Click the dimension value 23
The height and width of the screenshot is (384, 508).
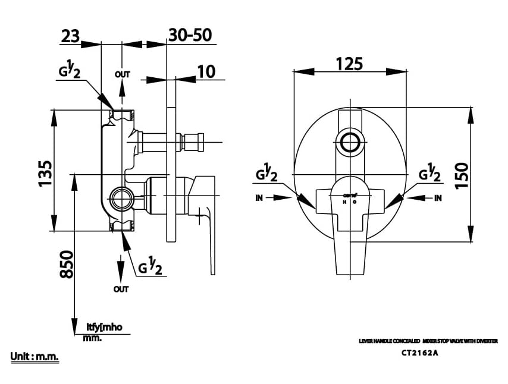pos(70,36)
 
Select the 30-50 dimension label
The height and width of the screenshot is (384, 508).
pos(190,35)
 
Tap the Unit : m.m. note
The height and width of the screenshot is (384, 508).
pos(35,357)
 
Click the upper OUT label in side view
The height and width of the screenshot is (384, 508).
pos(122,75)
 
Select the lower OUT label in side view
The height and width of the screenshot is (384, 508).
pos(121,289)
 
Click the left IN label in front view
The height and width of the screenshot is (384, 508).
pos(259,198)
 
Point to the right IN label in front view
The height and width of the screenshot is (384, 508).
pos(438,198)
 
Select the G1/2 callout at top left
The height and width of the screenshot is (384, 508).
pos(70,71)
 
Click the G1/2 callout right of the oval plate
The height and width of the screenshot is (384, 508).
pos(429,174)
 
